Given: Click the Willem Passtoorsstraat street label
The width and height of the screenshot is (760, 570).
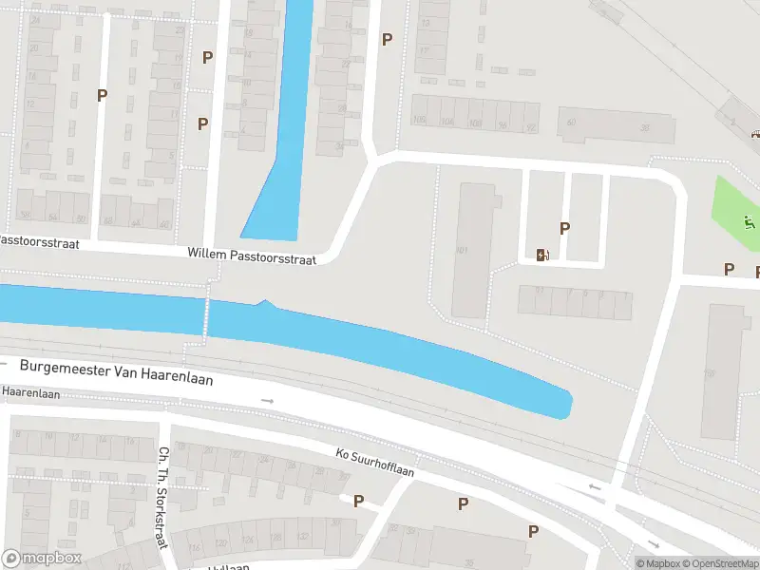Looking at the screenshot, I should click(x=256, y=254).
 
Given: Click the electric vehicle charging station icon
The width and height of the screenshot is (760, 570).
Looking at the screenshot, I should click(x=542, y=254).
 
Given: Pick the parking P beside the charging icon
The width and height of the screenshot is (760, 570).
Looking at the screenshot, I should click(x=565, y=228).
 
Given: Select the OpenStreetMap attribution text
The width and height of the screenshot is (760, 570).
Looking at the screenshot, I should click(x=724, y=564).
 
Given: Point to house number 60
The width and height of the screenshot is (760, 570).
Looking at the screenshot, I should click(x=571, y=123).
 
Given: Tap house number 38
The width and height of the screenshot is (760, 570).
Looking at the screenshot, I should click(x=645, y=127).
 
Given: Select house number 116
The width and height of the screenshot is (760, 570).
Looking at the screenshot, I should click(x=194, y=548).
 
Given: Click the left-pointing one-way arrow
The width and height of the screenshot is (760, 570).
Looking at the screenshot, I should click(x=594, y=487).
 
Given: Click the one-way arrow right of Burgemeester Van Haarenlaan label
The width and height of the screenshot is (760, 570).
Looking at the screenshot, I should click(x=268, y=401).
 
